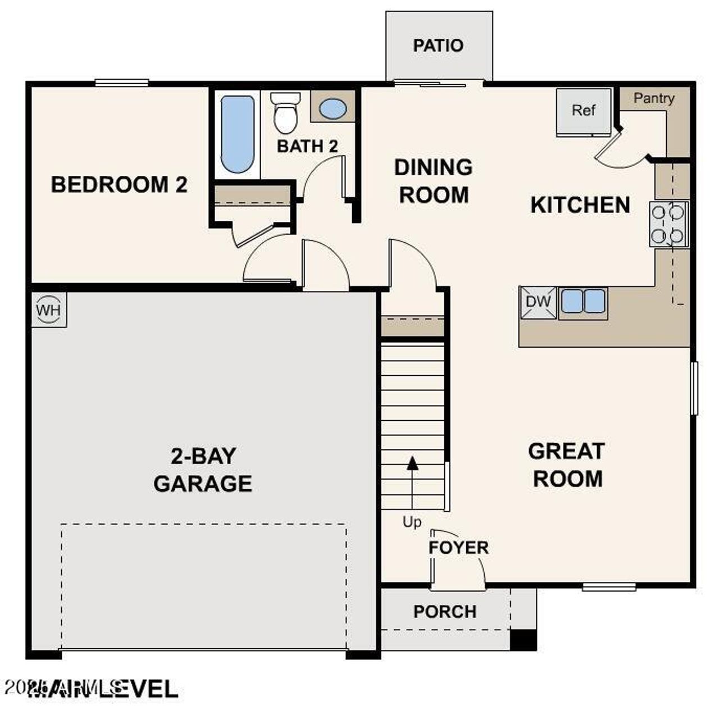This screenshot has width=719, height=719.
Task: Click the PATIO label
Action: point(438,45)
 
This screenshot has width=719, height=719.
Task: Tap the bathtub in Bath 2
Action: point(238,134)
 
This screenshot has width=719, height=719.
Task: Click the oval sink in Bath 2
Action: point(333,109)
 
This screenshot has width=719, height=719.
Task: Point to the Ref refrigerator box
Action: point(584,111)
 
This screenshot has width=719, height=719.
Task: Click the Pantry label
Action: point(653,98)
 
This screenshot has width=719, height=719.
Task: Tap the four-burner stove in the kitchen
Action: point(669,224)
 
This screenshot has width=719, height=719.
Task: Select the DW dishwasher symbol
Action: point(538,302)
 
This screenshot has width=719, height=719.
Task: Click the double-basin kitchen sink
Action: point(583,301)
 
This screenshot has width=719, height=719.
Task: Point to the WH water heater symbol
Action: point(49,310)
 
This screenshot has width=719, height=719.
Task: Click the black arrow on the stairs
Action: point(412,463)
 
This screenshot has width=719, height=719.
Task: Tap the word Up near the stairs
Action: point(412,522)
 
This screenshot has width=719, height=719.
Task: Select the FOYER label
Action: point(458,548)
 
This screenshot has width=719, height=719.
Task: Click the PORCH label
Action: point(445,612)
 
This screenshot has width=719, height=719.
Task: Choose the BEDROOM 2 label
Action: point(119,185)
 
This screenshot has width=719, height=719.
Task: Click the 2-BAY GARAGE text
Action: point(203,470)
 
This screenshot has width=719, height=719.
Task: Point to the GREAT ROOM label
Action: point(567,465)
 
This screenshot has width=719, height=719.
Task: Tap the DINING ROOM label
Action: point(433,181)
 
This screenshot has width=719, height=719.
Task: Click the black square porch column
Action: point(523,640)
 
